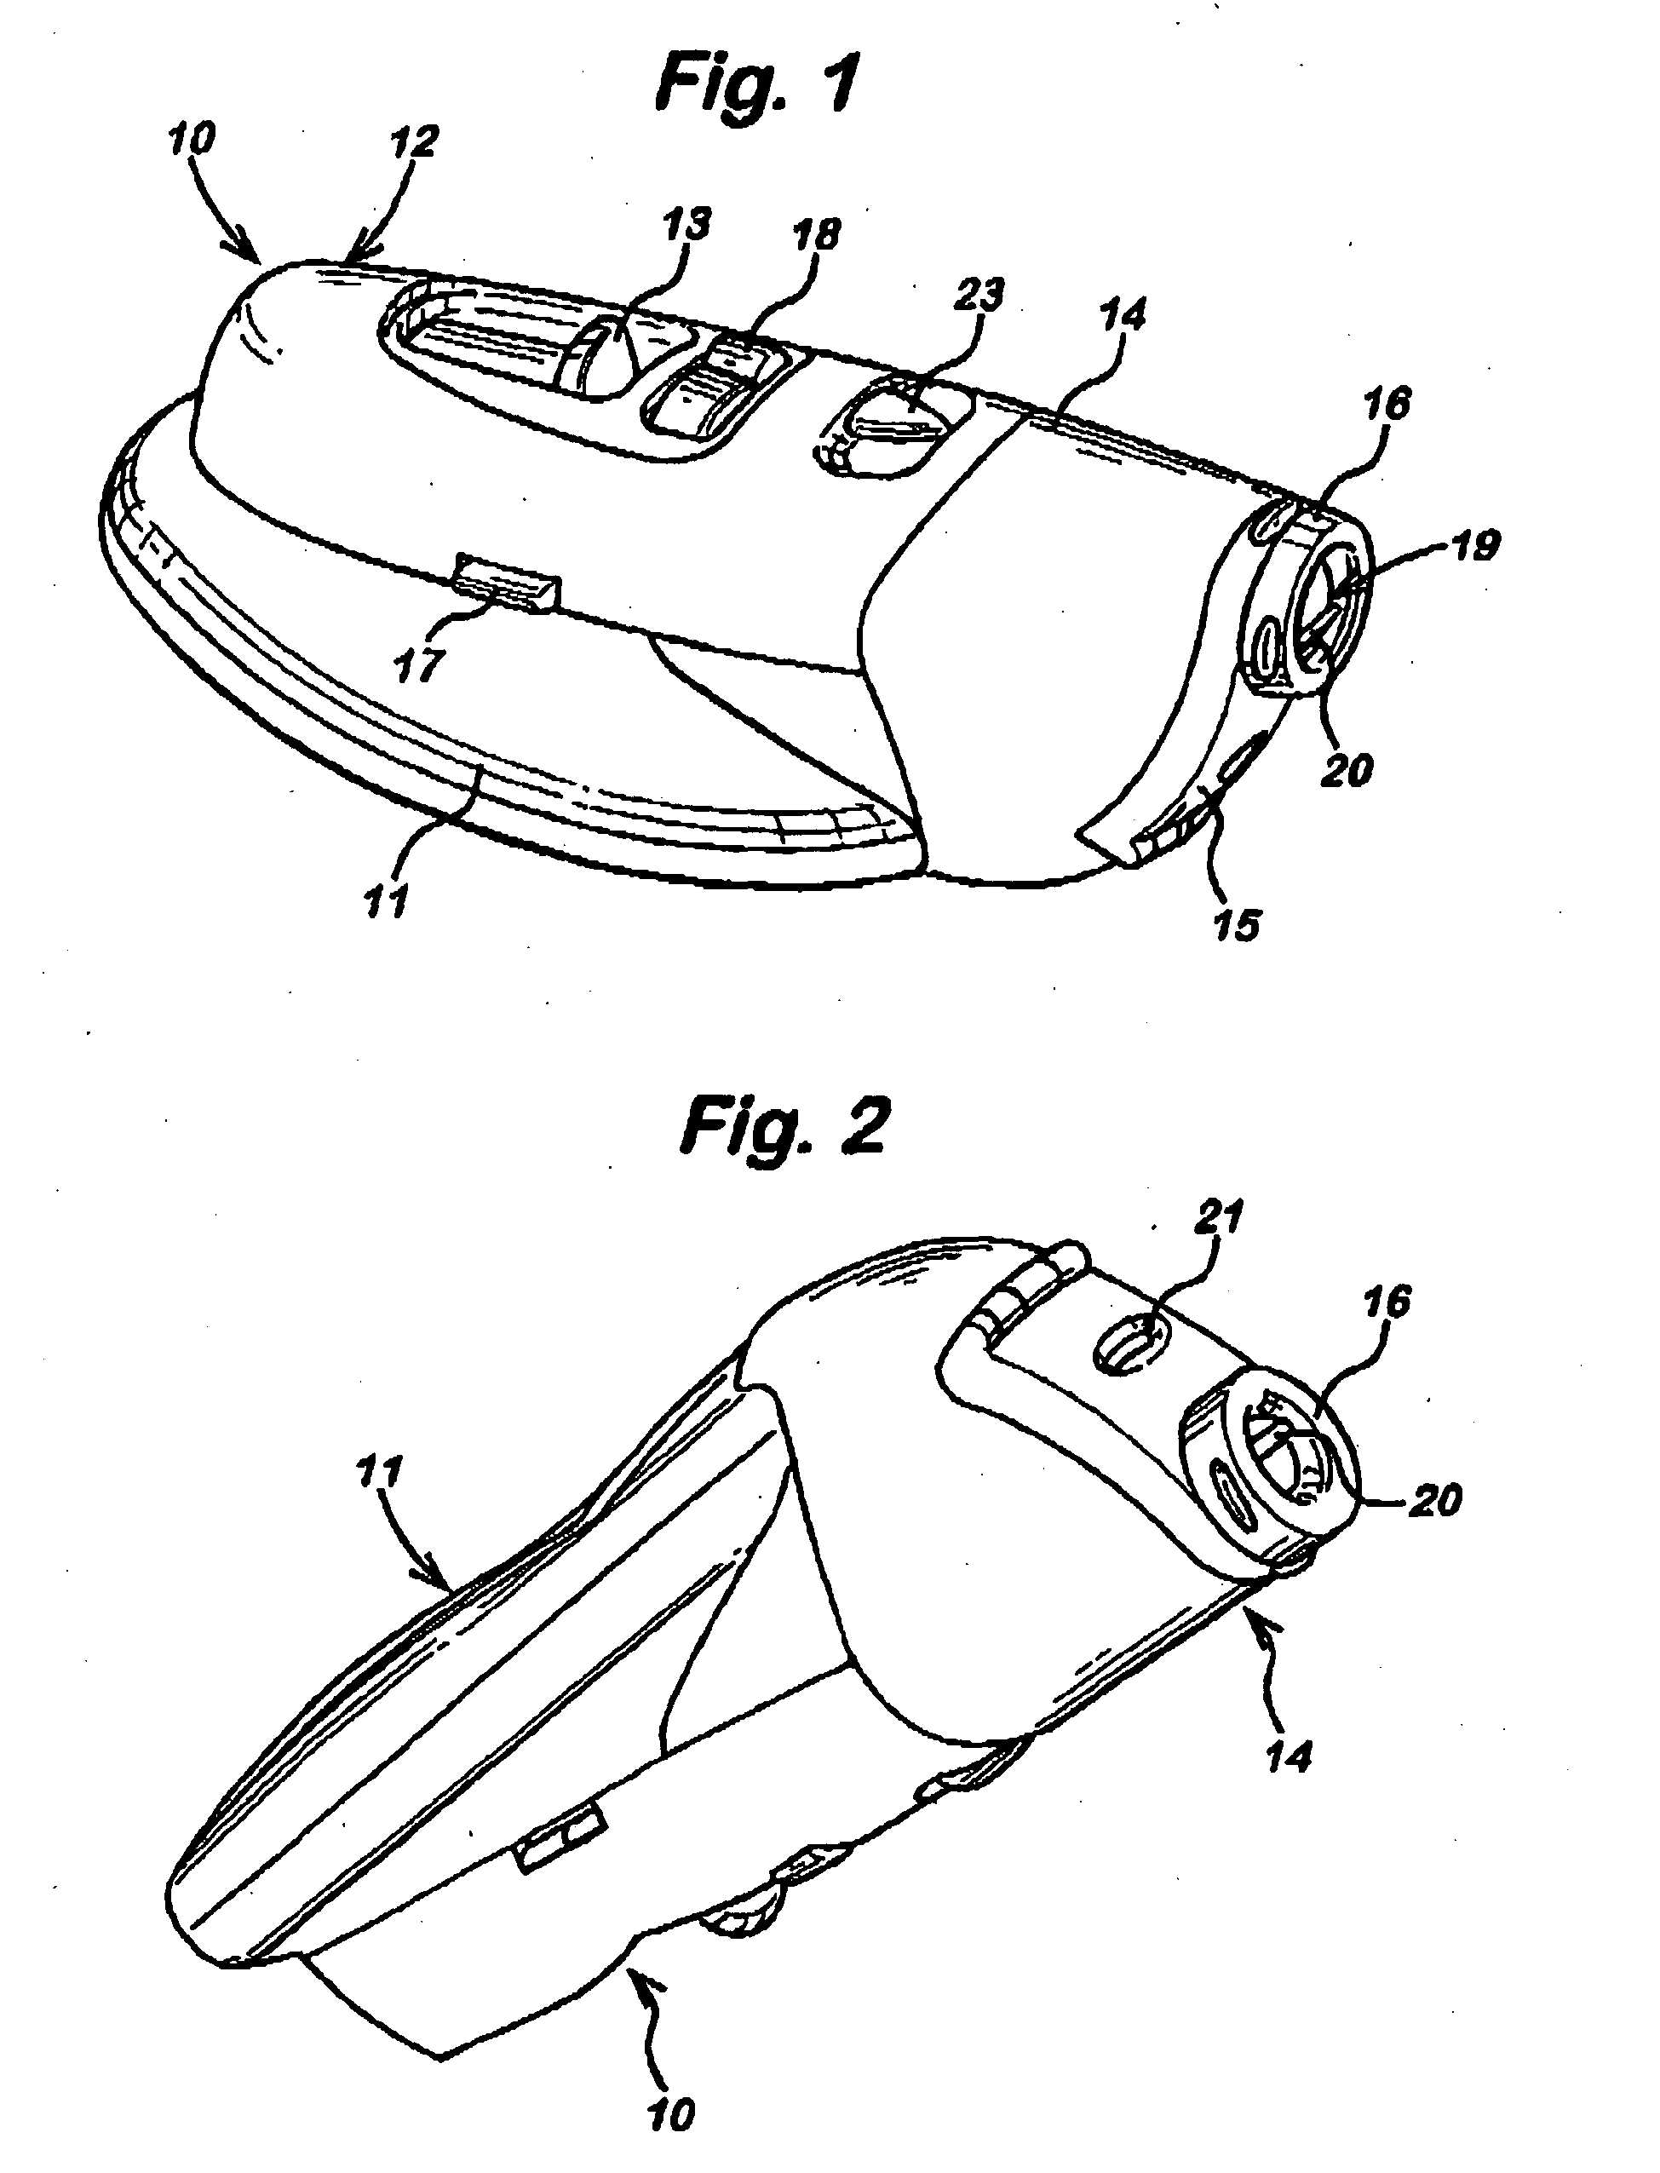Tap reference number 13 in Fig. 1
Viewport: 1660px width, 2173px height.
coord(686,225)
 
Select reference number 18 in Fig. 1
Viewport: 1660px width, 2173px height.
coord(816,235)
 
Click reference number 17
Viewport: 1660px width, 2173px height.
coord(417,664)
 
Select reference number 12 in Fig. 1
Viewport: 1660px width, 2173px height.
coord(413,141)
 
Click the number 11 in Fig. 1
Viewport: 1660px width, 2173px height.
coord(385,901)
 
